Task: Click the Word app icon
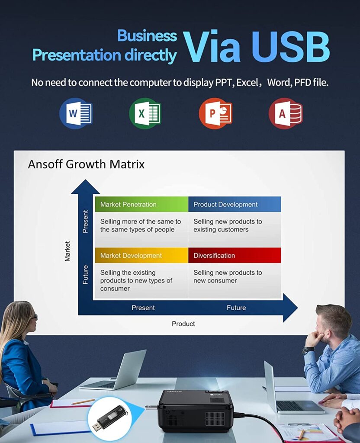(76, 113)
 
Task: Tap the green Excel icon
(145, 113)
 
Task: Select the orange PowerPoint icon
(215, 113)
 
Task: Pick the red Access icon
(286, 113)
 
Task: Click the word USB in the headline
(290, 47)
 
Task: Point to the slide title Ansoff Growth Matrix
(86, 164)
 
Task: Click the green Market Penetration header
(141, 204)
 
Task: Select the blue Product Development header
(235, 204)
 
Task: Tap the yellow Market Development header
(141, 255)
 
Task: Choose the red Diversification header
(235, 255)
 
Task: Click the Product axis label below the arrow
(183, 324)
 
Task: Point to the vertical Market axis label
(67, 251)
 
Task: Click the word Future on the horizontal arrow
(236, 308)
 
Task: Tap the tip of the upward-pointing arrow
(85, 180)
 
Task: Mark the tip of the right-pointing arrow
(298, 308)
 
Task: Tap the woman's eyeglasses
(34, 317)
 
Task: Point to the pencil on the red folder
(83, 401)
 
